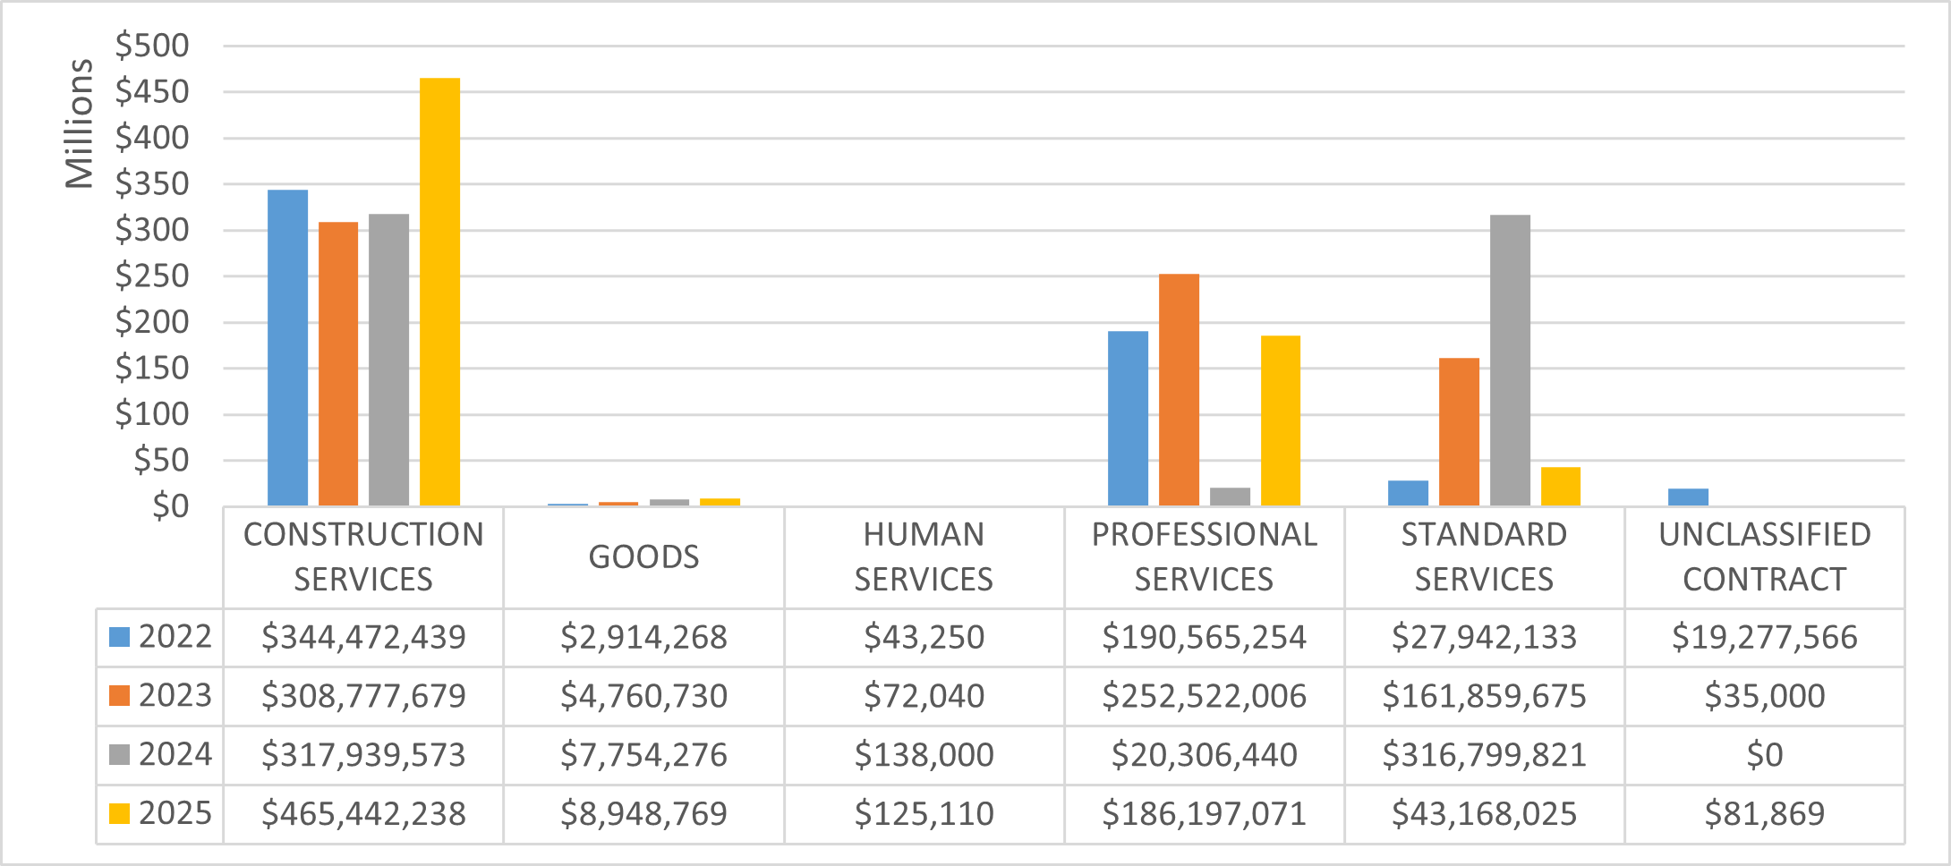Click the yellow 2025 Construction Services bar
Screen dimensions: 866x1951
coord(439,292)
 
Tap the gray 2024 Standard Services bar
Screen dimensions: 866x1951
coord(1510,360)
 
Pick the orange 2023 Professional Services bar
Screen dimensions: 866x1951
coord(1179,389)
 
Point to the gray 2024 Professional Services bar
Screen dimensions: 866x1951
coord(1230,497)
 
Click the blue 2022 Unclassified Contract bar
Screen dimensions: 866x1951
coord(1688,497)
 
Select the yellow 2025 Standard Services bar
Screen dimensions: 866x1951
coord(1560,486)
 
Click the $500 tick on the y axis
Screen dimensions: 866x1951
coord(152,46)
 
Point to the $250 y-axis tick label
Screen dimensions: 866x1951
coord(152,276)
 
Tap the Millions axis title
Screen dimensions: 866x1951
coord(79,123)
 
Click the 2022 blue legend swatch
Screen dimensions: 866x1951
coord(119,637)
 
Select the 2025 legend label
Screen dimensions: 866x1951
coord(175,813)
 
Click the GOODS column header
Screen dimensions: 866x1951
coord(643,557)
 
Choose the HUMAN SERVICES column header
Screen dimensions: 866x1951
coord(924,557)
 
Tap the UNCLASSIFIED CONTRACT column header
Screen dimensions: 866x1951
coord(1764,557)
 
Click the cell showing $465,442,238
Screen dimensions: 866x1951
coord(363,814)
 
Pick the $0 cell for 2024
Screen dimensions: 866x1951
coord(1764,755)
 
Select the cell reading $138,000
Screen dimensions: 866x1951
coord(924,755)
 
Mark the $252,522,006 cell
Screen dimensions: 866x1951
coord(1204,696)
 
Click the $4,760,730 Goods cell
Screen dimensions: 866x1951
coord(643,696)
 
